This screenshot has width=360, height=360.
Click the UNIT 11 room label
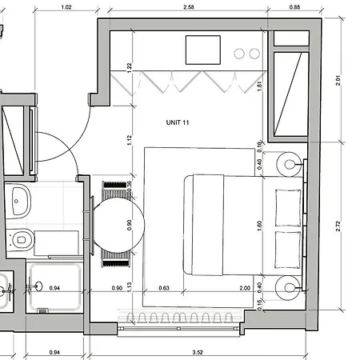178,122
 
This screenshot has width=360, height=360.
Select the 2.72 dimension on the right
339,226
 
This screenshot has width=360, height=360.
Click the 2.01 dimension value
339,81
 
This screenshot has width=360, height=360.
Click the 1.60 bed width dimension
259,226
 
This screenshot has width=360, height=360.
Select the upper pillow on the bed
286,207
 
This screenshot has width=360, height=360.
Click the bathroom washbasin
19,197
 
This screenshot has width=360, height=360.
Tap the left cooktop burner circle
239,54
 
